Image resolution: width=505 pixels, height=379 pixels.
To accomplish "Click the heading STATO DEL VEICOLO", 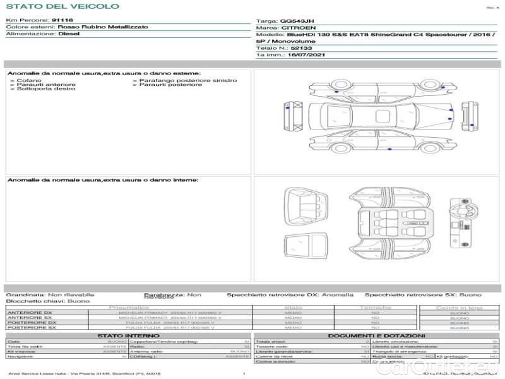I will [62, 6].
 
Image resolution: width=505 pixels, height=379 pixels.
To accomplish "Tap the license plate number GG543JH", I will [294, 21].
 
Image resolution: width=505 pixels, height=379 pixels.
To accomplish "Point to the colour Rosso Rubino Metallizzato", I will [103, 27].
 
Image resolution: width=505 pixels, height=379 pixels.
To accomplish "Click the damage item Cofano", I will [30, 81].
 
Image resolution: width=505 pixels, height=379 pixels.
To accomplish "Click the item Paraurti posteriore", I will [170, 85].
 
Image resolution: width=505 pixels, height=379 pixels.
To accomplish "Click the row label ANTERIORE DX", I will [30, 313].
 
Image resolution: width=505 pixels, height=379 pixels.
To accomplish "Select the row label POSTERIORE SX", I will [31, 328].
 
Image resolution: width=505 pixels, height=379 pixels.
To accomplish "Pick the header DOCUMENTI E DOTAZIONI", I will [376, 335].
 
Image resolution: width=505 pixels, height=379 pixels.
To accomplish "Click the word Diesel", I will [68, 34].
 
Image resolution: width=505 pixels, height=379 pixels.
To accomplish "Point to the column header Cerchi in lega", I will [459, 308].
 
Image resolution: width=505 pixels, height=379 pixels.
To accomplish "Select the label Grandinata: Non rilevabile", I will [50, 295].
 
